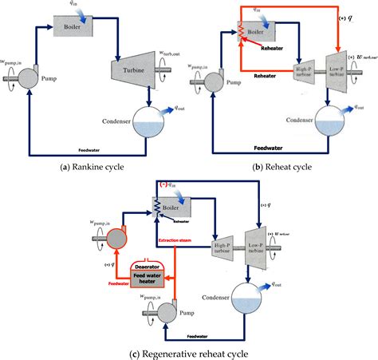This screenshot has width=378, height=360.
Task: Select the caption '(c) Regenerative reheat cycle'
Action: (189, 352)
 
